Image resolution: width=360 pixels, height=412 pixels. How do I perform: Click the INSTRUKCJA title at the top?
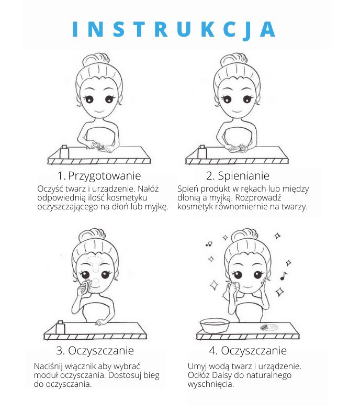(x=174, y=29)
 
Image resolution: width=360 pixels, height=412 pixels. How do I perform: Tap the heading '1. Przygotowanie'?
(x=99, y=176)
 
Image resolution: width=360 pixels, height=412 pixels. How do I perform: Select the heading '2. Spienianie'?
(x=238, y=176)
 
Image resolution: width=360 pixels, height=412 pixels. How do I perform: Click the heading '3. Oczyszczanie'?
(x=95, y=351)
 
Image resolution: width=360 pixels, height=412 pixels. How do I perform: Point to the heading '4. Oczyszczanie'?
(x=248, y=351)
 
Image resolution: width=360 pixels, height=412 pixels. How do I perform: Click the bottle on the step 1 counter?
(x=64, y=152)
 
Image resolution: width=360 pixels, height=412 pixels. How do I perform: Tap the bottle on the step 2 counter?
(x=202, y=152)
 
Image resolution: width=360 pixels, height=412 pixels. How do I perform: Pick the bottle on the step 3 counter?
(x=60, y=327)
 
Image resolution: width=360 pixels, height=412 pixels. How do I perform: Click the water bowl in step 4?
(x=215, y=326)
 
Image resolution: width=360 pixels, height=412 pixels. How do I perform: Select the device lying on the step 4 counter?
(x=268, y=327)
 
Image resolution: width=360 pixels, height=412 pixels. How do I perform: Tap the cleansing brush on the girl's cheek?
(x=86, y=287)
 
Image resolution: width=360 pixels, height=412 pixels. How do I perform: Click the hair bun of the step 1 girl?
(x=96, y=60)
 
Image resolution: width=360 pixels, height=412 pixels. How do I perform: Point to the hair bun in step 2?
(x=234, y=60)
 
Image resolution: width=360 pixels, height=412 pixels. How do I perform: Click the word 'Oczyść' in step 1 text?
(x=50, y=189)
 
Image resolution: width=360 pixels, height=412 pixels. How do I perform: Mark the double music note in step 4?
(x=209, y=244)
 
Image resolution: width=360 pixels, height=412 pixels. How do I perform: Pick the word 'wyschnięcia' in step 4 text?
(x=210, y=384)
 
